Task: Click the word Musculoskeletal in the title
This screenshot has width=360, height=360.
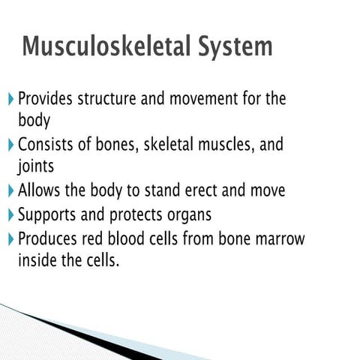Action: (x=109, y=46)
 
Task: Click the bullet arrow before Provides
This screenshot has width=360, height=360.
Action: (x=10, y=99)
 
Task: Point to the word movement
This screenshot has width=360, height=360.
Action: (x=212, y=99)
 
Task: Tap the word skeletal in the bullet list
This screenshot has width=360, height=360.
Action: (x=175, y=145)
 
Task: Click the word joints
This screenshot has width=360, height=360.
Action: (x=35, y=166)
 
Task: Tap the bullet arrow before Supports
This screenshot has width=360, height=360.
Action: (x=10, y=215)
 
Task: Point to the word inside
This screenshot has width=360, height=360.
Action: (x=37, y=261)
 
